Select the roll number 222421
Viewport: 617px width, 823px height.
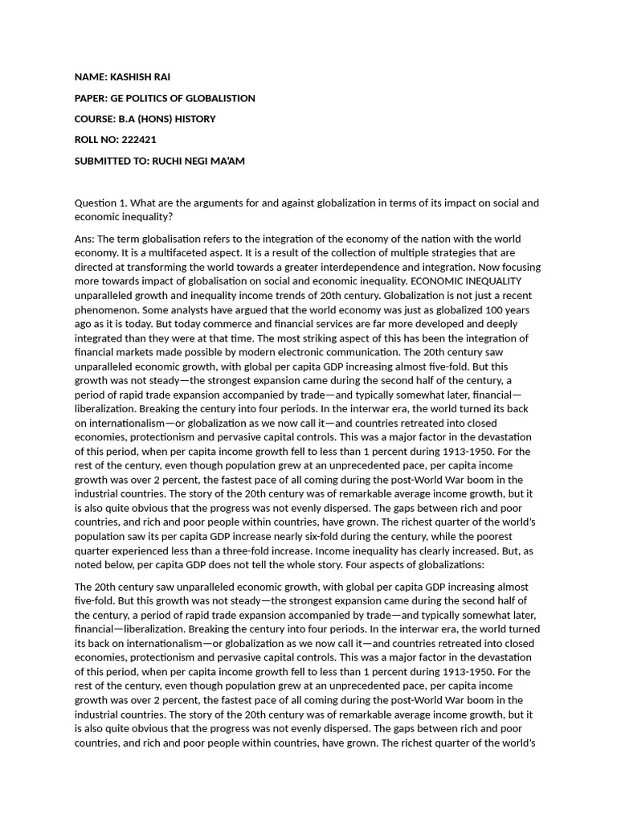pyautogui.click(x=139, y=140)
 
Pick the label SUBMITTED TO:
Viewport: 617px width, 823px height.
pyautogui.click(x=112, y=161)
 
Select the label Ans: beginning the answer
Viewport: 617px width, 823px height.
pyautogui.click(x=84, y=239)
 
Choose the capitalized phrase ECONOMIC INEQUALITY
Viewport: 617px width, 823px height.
pyautogui.click(x=466, y=280)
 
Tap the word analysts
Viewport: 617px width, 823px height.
pyautogui.click(x=189, y=309)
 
